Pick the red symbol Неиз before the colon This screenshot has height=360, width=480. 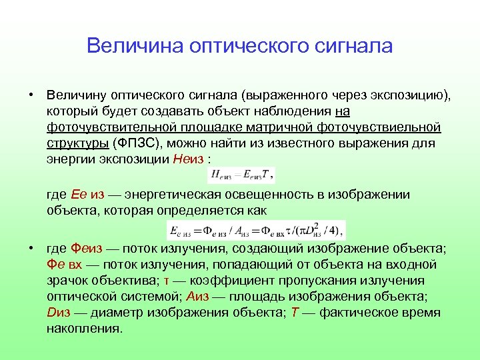coord(189,159)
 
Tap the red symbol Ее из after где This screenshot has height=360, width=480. coord(87,195)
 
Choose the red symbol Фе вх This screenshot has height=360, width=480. coord(65,265)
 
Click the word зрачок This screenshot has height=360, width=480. coord(67,281)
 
